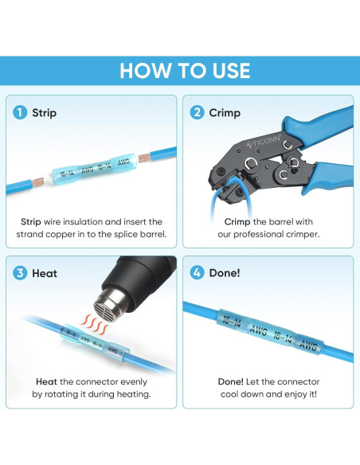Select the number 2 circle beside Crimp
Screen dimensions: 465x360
[196, 113]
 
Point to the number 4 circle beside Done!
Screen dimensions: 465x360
[196, 273]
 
